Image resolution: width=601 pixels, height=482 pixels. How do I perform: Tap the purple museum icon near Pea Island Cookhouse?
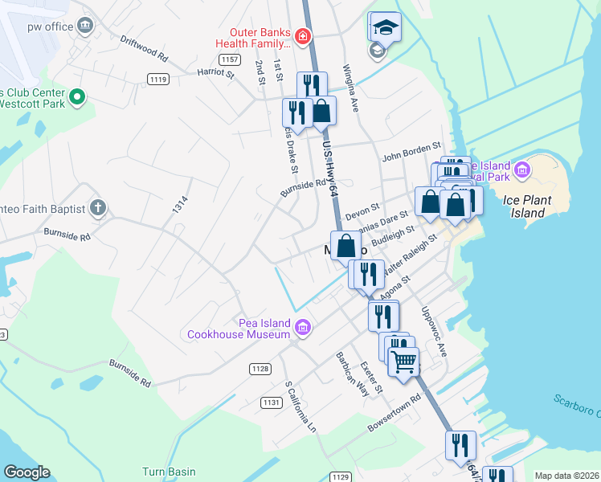(x=303, y=326)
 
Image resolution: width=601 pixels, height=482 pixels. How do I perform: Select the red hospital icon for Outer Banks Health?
(x=302, y=36)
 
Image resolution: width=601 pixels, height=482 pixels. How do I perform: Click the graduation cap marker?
(x=386, y=27)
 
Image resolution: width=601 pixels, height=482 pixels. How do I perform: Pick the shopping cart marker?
(x=403, y=361)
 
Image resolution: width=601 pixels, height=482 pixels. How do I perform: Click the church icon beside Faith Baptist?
(x=97, y=208)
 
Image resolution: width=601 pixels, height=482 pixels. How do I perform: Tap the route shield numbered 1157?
(x=229, y=59)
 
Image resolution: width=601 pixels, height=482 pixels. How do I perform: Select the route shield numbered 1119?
(x=158, y=78)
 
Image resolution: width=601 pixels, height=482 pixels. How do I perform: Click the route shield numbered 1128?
(x=259, y=369)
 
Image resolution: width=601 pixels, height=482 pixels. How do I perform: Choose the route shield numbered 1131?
(x=271, y=402)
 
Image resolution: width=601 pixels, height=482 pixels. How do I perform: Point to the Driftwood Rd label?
(x=144, y=48)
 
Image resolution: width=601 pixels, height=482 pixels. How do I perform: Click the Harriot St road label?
(x=215, y=74)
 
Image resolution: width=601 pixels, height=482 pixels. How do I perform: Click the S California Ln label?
(x=298, y=405)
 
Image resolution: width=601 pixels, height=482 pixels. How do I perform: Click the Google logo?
(x=27, y=472)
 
